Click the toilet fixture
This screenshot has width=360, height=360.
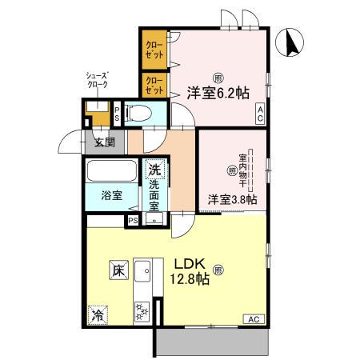(x=138, y=113)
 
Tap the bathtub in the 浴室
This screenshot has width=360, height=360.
(x=112, y=171)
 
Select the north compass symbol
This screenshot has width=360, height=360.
(x=290, y=42)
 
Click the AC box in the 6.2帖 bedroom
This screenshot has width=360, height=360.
(x=260, y=114)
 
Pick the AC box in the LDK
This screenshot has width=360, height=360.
(x=254, y=319)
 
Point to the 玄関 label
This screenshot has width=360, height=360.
(x=105, y=142)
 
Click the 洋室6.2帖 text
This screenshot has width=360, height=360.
(x=218, y=94)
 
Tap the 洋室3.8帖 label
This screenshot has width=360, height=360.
(x=232, y=199)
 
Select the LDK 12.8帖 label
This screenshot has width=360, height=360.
(x=190, y=271)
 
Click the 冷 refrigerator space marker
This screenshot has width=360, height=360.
(x=98, y=315)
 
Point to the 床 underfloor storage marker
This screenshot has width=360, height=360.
(x=118, y=270)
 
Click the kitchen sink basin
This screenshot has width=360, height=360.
(x=142, y=271)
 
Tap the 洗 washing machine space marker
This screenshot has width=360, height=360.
(x=154, y=169)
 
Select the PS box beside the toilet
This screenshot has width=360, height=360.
(x=117, y=114)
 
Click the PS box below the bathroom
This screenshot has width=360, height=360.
(x=133, y=221)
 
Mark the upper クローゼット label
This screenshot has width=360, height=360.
(x=154, y=50)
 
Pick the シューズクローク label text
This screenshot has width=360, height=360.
(x=98, y=80)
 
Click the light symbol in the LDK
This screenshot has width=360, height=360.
(x=218, y=270)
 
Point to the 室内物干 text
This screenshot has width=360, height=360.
(x=242, y=170)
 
